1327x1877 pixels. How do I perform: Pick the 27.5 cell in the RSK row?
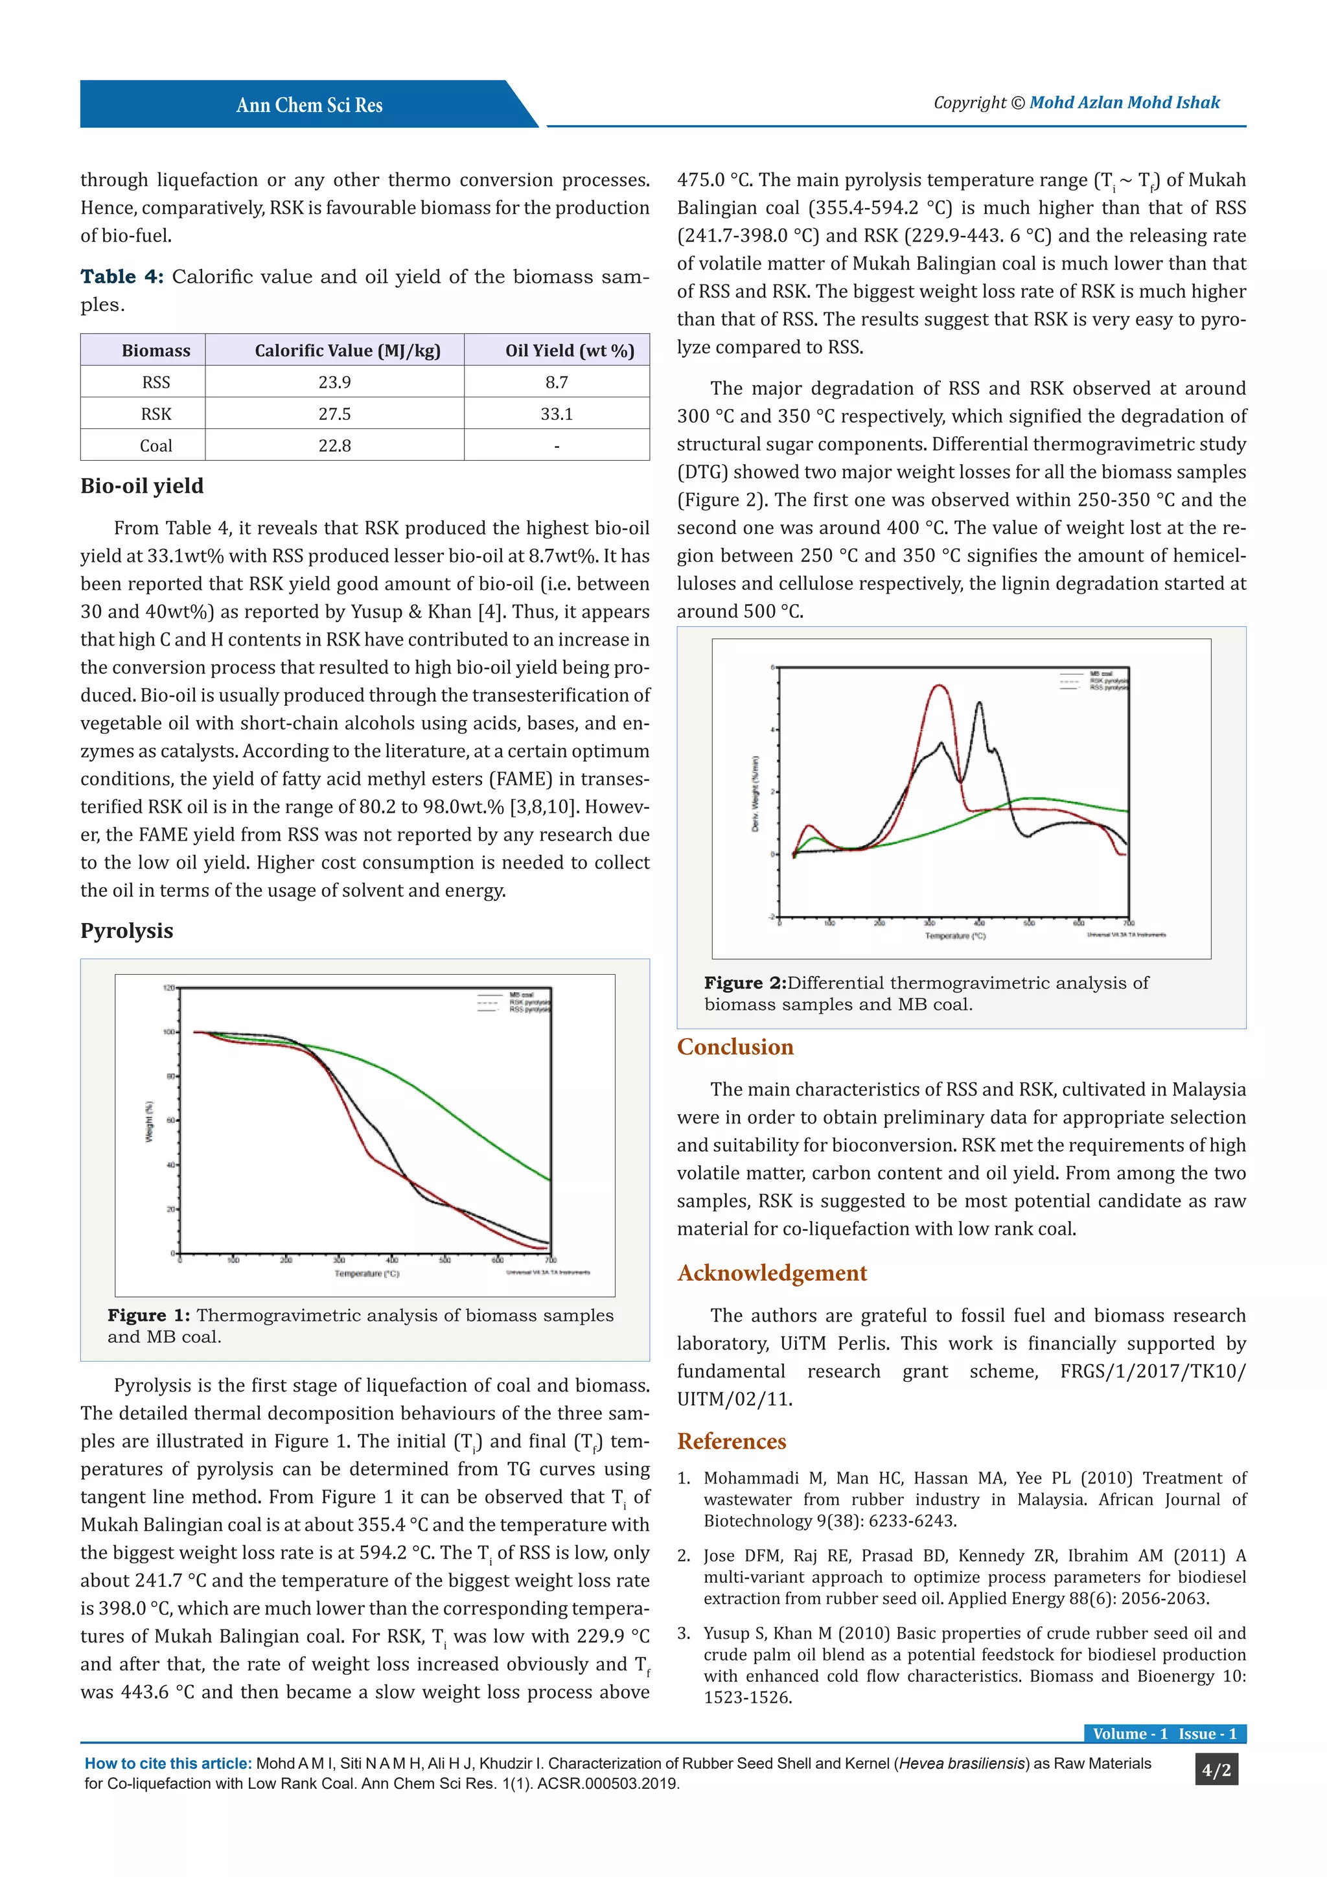pyautogui.click(x=334, y=414)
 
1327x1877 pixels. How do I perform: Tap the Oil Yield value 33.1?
pyautogui.click(x=557, y=414)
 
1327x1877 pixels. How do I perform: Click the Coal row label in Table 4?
pyautogui.click(x=156, y=445)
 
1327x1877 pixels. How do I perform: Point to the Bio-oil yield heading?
pyautogui.click(x=141, y=485)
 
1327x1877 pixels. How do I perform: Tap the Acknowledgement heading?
pyautogui.click(x=771, y=1273)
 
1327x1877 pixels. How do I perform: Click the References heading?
pyautogui.click(x=732, y=1441)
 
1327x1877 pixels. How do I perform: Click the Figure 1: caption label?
pyautogui.click(x=148, y=1315)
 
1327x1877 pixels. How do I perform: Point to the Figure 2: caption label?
pyautogui.click(x=744, y=983)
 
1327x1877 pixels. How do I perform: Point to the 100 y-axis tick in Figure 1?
pyautogui.click(x=169, y=1032)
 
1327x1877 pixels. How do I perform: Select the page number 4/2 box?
pyautogui.click(x=1216, y=1771)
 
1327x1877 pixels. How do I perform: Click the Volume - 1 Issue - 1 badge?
pyautogui.click(x=1164, y=1734)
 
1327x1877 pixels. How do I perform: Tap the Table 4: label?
pyautogui.click(x=121, y=276)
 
